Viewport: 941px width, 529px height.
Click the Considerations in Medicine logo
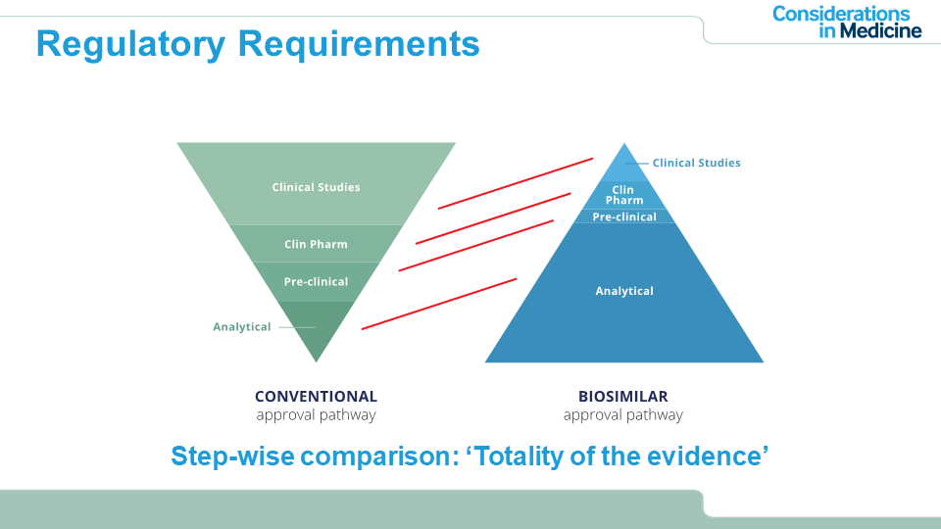click(847, 22)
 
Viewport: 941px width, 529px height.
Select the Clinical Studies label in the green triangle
click(316, 187)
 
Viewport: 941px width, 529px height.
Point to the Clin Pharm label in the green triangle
click(316, 244)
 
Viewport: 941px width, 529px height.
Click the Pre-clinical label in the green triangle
click(316, 282)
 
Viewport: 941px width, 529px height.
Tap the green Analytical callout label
click(242, 327)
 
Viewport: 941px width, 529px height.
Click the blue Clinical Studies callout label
click(696, 163)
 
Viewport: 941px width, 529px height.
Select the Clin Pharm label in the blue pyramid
click(624, 195)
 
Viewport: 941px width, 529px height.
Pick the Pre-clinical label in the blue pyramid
click(624, 216)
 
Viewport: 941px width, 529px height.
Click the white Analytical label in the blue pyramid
click(624, 291)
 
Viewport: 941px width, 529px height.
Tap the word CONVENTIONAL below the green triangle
click(316, 397)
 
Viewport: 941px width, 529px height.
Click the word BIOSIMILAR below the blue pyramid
click(623, 397)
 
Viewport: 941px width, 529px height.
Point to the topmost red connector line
click(516, 183)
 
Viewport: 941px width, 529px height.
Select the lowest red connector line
click(438, 304)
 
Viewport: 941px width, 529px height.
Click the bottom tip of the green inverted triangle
click(316, 361)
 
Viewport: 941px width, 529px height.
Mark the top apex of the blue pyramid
click(624, 145)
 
